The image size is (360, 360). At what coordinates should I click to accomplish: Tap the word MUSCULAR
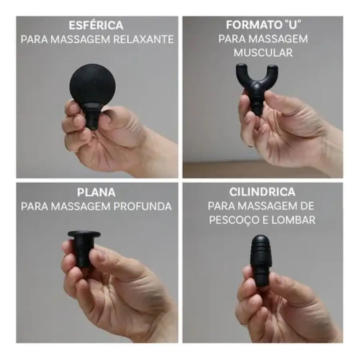pos(263,53)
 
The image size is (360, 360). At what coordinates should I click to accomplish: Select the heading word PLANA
pos(96,192)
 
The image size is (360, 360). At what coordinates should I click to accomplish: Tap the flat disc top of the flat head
pos(84,234)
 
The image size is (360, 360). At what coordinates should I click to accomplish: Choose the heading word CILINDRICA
pos(262,192)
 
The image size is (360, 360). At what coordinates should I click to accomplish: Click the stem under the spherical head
pos(93,118)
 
